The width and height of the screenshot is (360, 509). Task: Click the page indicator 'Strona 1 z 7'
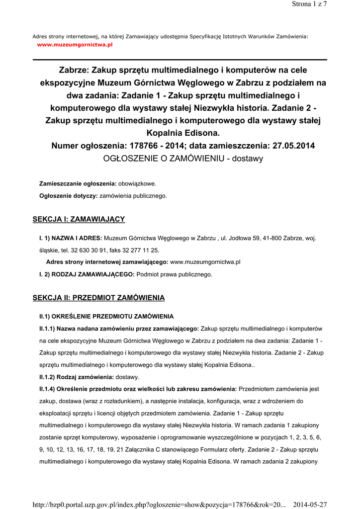coord(309,4)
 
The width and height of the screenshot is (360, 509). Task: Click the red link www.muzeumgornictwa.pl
coord(75,45)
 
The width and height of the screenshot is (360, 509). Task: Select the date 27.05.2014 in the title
coord(293,146)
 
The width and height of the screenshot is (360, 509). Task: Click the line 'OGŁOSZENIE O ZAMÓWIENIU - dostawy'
coord(182,159)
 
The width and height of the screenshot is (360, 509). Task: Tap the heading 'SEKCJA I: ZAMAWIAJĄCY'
coord(79,219)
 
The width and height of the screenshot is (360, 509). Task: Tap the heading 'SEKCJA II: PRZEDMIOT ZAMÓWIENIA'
coord(98,298)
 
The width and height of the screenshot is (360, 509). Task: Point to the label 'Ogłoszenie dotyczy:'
coord(69,196)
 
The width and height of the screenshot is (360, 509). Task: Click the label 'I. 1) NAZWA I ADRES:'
coord(71,239)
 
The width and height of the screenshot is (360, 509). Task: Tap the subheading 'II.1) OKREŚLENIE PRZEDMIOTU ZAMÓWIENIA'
coord(106,316)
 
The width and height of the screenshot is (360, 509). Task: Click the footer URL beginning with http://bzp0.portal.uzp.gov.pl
coord(159,505)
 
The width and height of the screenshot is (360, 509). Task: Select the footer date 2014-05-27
coord(310,505)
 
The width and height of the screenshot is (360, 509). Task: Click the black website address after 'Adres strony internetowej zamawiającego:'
coord(205,262)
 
